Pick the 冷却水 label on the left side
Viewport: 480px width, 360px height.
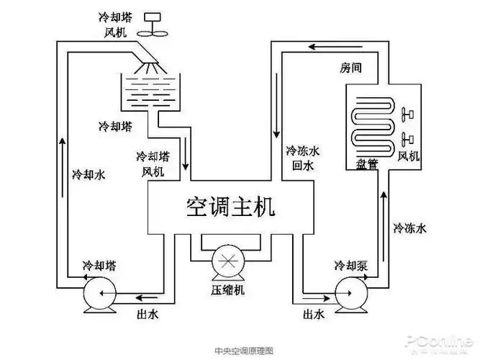89,174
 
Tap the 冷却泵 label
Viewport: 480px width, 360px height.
351,265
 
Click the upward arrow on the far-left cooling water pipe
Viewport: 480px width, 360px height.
63,143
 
